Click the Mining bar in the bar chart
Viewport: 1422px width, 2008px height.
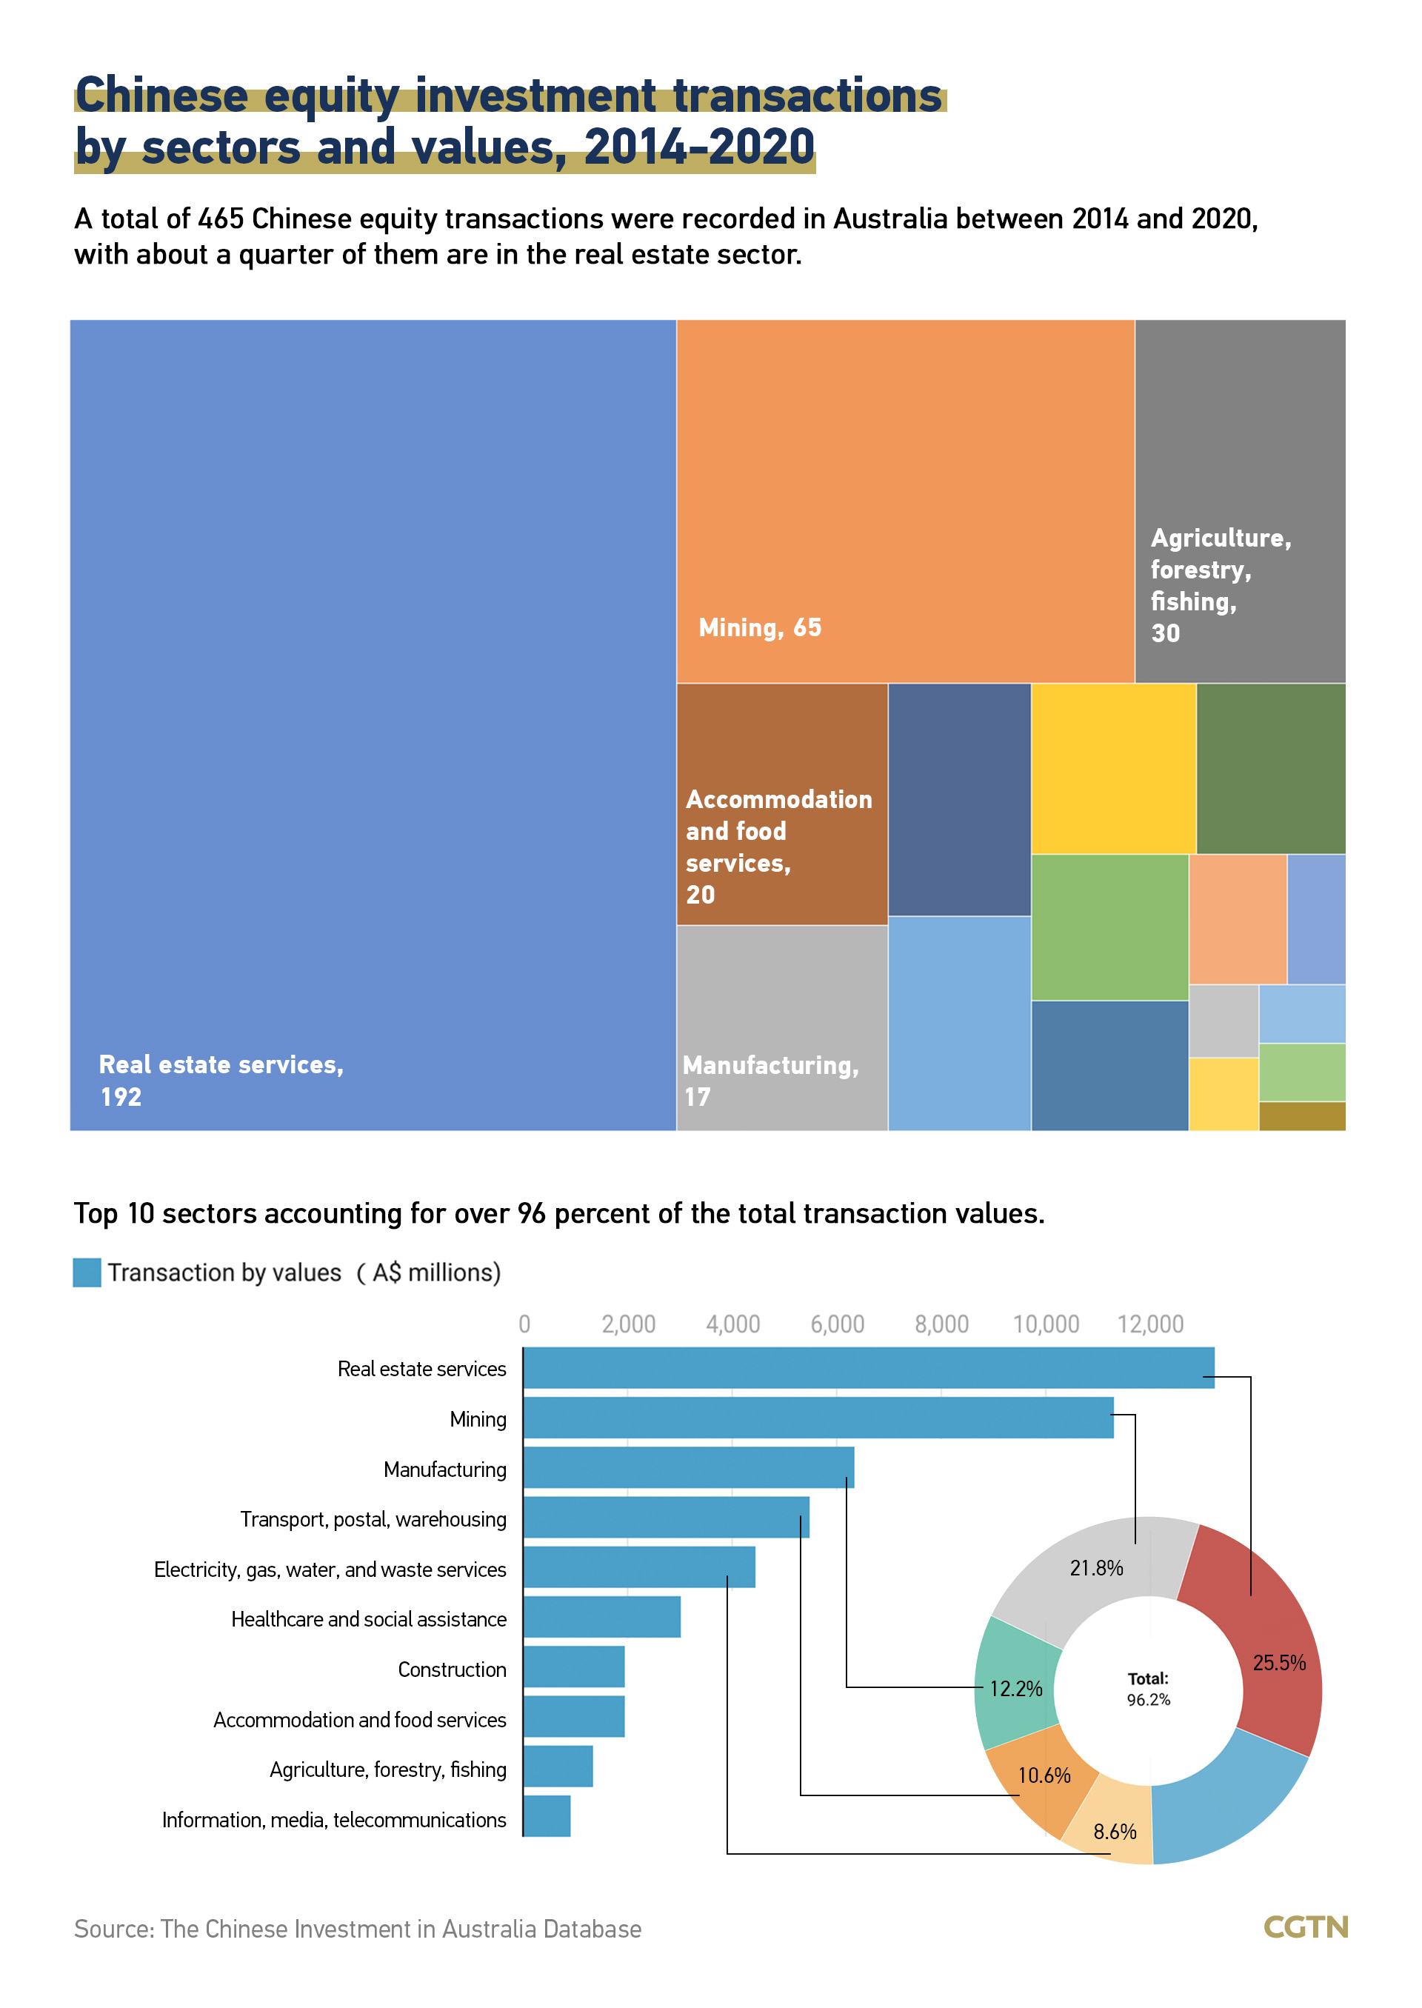tap(818, 1418)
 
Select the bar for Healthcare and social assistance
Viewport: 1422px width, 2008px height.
tap(601, 1617)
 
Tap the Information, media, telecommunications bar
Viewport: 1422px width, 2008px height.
tap(547, 1816)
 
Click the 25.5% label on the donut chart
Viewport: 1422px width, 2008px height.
tap(1278, 1662)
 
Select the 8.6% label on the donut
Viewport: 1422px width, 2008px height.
tap(1115, 1831)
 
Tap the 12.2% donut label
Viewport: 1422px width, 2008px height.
tap(1015, 1688)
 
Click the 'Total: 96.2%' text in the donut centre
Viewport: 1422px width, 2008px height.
tap(1148, 1688)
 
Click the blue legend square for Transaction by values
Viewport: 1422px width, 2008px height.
tap(87, 1272)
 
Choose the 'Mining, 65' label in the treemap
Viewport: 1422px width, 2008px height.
tap(759, 628)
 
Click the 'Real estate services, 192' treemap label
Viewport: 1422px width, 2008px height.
tap(221, 1080)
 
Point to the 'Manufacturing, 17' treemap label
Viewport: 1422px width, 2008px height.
tap(770, 1081)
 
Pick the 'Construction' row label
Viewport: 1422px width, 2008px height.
tap(452, 1669)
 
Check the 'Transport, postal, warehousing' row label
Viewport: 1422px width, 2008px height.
tap(373, 1518)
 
